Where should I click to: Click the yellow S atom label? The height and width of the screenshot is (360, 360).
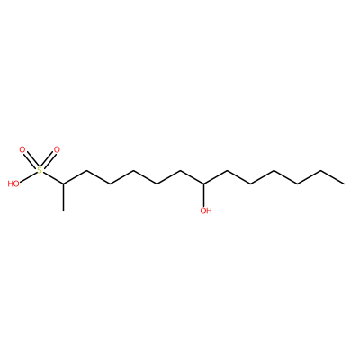pyautogui.click(x=40, y=171)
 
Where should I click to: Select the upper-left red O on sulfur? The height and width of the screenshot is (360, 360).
pyautogui.click(x=22, y=149)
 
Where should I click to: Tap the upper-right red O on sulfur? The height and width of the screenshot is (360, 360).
pyautogui.click(x=56, y=149)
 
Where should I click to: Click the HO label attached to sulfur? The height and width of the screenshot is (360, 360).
pyautogui.click(x=13, y=184)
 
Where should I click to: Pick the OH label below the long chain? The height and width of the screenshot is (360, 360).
pyautogui.click(x=206, y=211)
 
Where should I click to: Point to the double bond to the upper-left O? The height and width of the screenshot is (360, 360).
pyautogui.click(x=31, y=160)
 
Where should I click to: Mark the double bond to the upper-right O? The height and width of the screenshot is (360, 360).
pyautogui.click(x=48, y=160)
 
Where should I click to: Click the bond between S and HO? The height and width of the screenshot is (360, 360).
pyautogui.click(x=28, y=177)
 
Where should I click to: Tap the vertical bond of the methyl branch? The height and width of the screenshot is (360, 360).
pyautogui.click(x=63, y=197)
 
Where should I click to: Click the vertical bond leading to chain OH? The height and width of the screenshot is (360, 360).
pyautogui.click(x=204, y=195)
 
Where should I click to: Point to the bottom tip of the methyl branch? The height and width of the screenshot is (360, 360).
pyautogui.click(x=63, y=211)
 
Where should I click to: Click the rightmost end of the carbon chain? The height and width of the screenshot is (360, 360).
pyautogui.click(x=345, y=184)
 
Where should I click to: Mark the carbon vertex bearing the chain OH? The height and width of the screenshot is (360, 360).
pyautogui.click(x=204, y=184)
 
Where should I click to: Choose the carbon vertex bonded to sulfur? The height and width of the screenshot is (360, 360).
pyautogui.click(x=63, y=184)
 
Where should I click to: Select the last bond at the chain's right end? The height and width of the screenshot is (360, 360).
pyautogui.click(x=333, y=177)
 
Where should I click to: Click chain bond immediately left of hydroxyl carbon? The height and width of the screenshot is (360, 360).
pyautogui.click(x=193, y=177)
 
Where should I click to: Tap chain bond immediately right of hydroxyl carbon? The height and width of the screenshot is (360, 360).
pyautogui.click(x=216, y=177)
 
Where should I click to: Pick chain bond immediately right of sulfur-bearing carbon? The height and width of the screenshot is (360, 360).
pyautogui.click(x=75, y=177)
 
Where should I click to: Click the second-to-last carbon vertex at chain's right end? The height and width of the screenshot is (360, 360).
pyautogui.click(x=321, y=171)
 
